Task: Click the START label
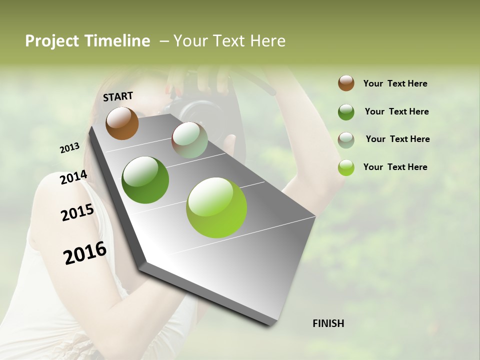point(118,96)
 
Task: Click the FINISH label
point(328,323)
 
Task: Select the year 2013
point(69,148)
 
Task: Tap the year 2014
point(73,177)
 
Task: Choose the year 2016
point(85,253)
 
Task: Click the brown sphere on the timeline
point(122,123)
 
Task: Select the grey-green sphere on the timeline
point(189,140)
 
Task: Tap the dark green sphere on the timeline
point(145,180)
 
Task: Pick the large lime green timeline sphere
point(216,207)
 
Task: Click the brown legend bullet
point(346,83)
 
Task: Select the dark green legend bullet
point(346,112)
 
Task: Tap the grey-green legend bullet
point(346,140)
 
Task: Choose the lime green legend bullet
point(346,167)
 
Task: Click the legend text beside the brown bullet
point(395,83)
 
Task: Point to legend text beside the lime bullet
point(395,167)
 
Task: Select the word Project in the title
point(52,41)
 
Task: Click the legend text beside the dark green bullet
point(396,111)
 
